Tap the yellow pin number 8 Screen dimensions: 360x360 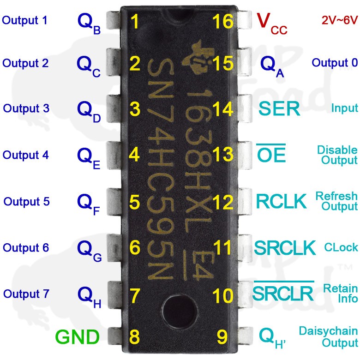[135, 336]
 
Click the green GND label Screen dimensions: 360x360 [77, 337]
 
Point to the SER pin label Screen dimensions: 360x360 [279, 109]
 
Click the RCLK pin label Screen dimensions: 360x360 [282, 202]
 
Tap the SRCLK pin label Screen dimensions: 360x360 [285, 247]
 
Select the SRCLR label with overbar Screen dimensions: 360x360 [283, 292]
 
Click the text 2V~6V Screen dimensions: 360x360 [339, 20]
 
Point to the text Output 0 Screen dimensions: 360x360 [335, 63]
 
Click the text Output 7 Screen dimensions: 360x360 [26, 294]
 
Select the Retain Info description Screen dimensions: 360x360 [341, 294]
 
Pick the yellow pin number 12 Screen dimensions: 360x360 [223, 202]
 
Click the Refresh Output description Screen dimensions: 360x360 [336, 201]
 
